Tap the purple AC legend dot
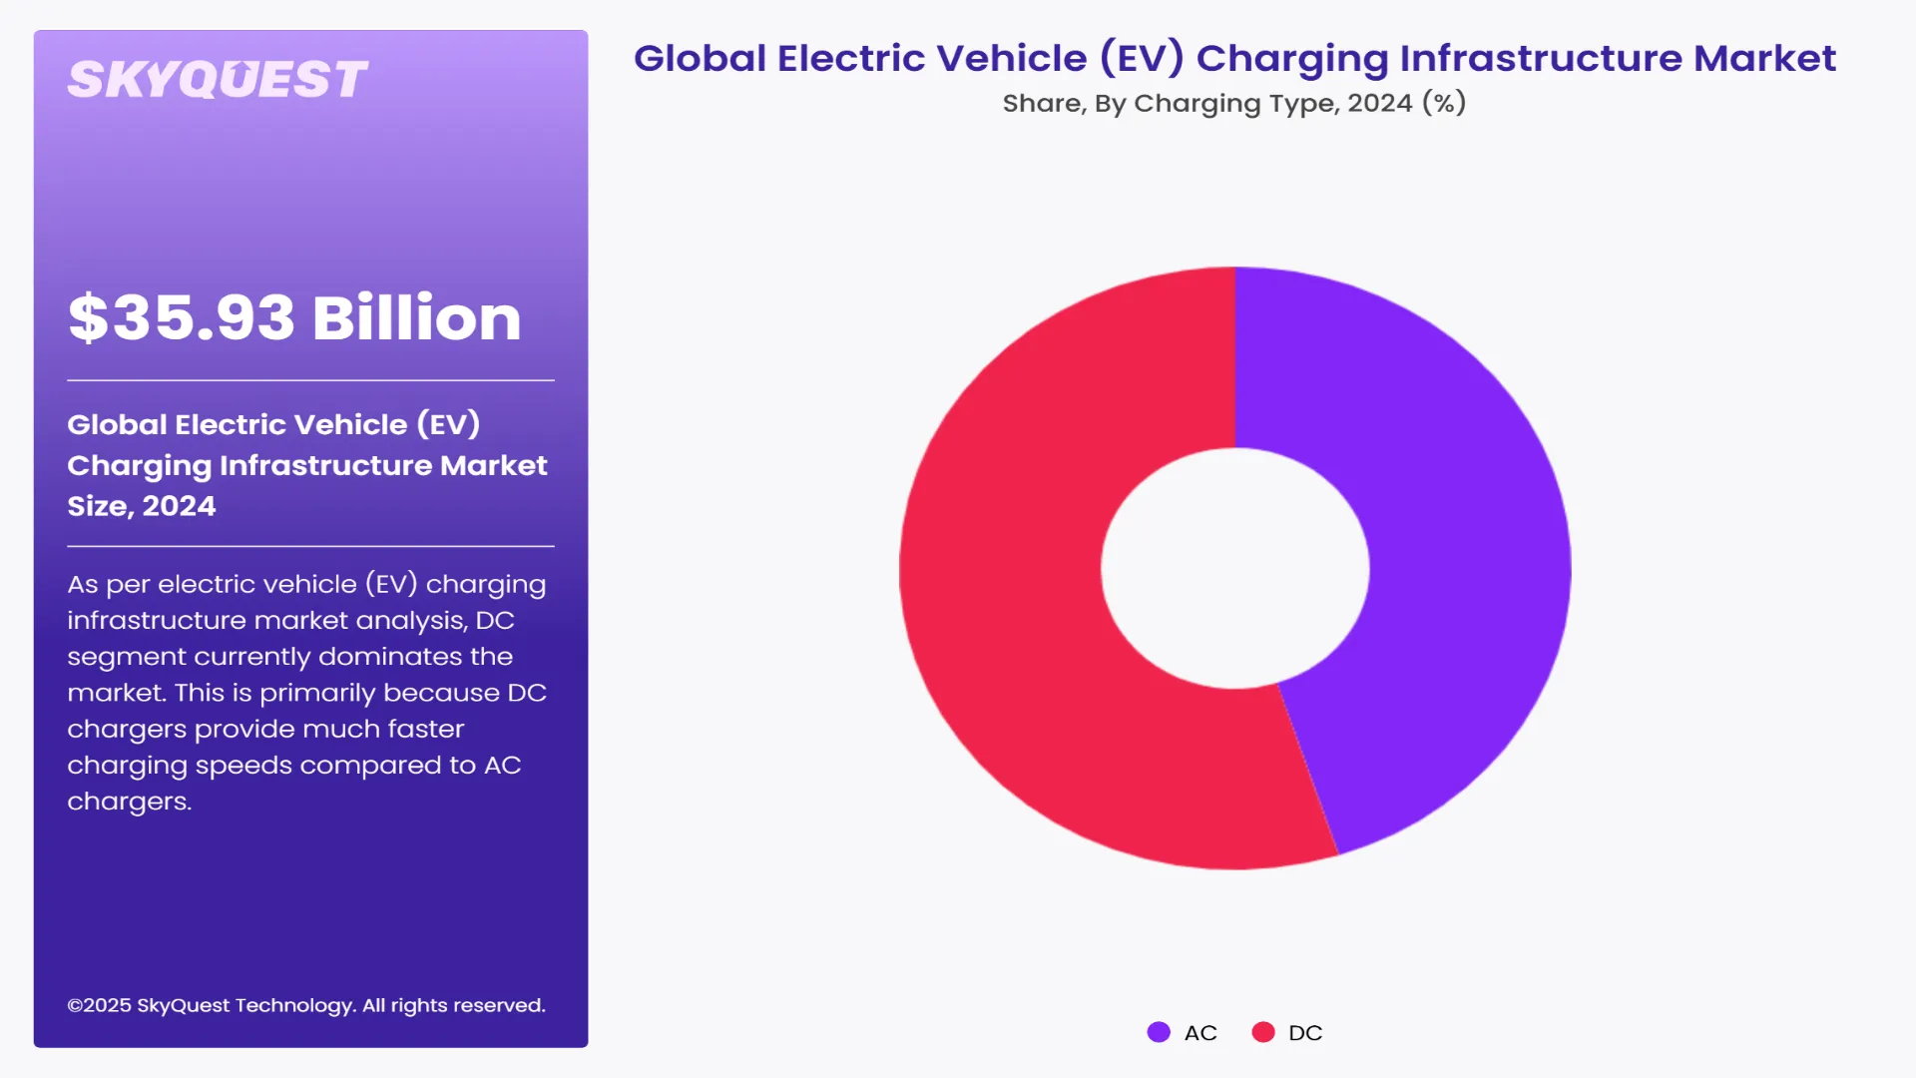1159,1032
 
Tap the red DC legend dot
1263,1032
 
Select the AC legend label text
1200,1033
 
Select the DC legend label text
1305,1033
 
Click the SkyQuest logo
218,80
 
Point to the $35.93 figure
182,318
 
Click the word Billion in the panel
416,318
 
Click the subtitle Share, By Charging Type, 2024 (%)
1233,103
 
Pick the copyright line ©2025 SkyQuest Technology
305,1005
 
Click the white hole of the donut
1235,568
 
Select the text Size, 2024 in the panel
141,506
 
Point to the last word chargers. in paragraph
129,802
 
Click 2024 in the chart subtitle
1379,103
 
